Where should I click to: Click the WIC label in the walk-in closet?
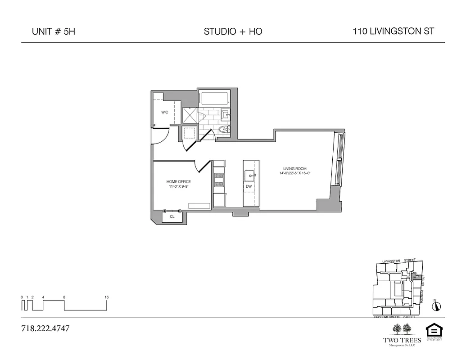[x=165, y=112]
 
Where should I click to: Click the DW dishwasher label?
[x=249, y=186]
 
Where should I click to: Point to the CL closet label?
[x=172, y=216]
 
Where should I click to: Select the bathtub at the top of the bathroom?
[x=214, y=99]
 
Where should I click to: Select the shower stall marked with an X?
[x=190, y=115]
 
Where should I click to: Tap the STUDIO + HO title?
[x=233, y=31]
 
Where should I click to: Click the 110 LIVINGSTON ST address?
[x=394, y=31]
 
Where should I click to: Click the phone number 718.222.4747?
[x=45, y=328]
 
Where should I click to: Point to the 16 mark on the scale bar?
[x=107, y=297]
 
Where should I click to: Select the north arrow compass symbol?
[x=435, y=306]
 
